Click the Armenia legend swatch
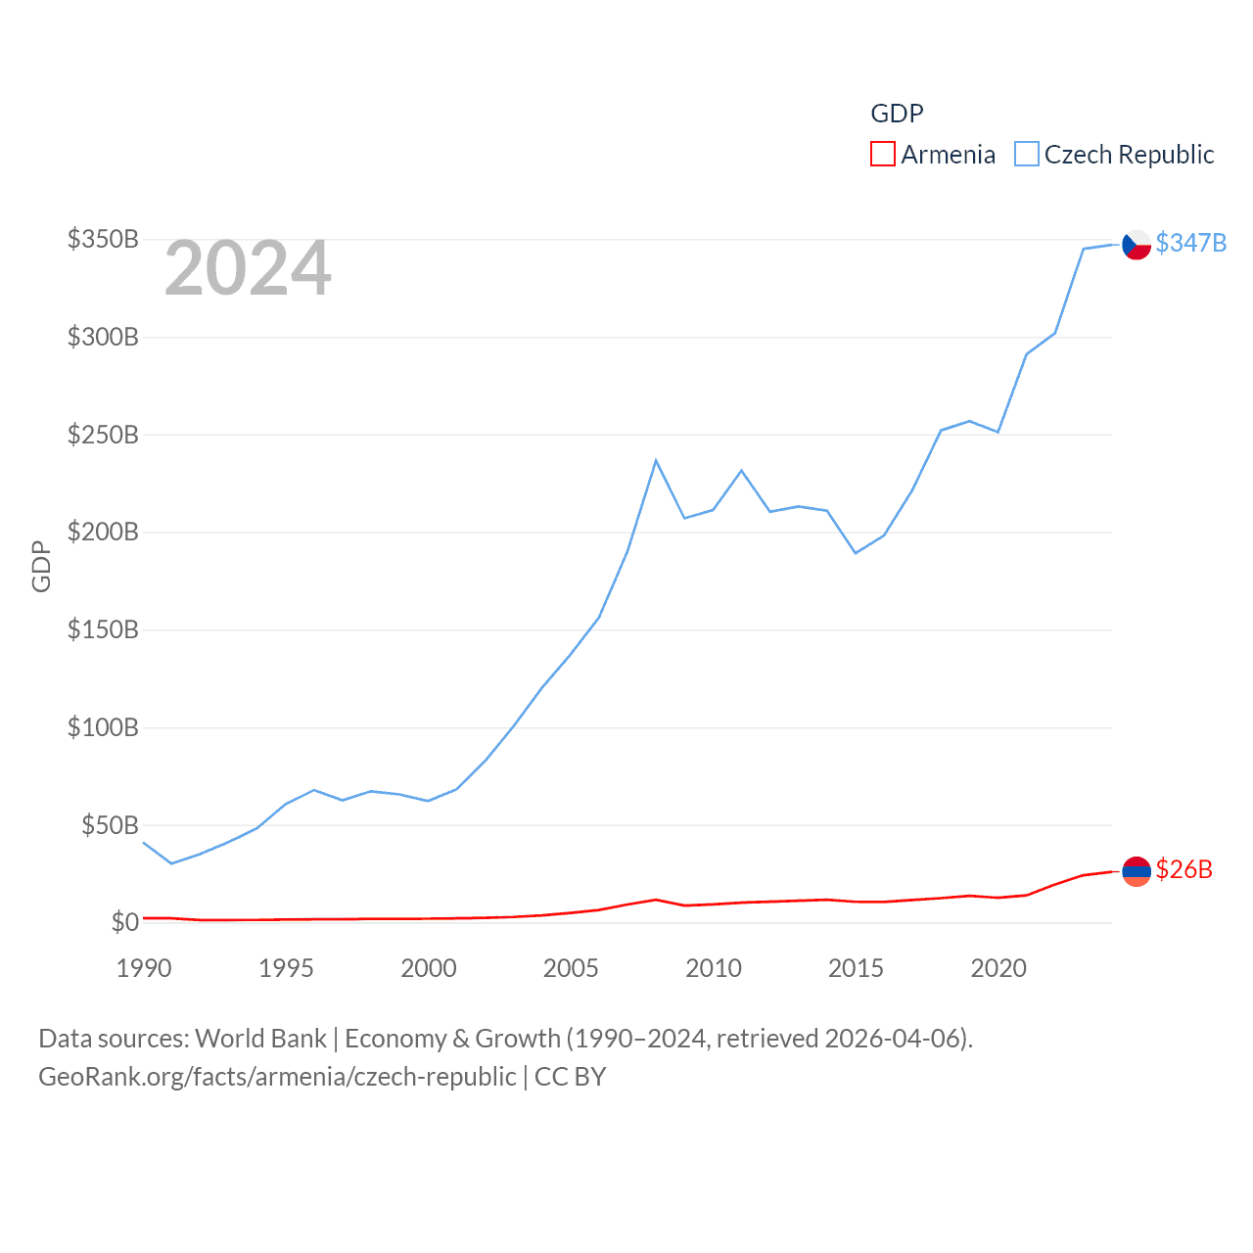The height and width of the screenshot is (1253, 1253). click(x=883, y=155)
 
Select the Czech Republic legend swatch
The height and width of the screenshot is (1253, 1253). click(x=1026, y=155)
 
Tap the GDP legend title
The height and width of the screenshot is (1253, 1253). click(x=897, y=114)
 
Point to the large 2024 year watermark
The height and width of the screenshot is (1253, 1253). click(x=248, y=268)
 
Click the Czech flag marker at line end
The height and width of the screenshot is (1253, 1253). click(x=1136, y=244)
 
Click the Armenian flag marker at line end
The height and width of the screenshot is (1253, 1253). click(x=1136, y=870)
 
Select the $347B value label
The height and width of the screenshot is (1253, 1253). click(x=1191, y=243)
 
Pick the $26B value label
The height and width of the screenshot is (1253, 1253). click(x=1183, y=869)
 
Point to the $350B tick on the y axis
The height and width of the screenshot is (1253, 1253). click(x=103, y=239)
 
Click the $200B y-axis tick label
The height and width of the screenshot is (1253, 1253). click(x=103, y=532)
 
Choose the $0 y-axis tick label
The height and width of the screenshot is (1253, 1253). click(x=124, y=922)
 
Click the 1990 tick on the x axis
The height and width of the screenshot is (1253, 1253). click(x=144, y=968)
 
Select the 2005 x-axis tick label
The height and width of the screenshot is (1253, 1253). click(x=571, y=968)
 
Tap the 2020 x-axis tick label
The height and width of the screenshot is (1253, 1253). click(x=998, y=968)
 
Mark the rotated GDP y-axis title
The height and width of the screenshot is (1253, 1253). click(x=41, y=566)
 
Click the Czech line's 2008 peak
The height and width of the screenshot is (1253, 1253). click(x=656, y=460)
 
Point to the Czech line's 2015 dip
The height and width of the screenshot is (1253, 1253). click(x=856, y=553)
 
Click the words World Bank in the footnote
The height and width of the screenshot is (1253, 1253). click(x=260, y=1038)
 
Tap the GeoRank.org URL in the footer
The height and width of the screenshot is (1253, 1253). click(x=277, y=1077)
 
